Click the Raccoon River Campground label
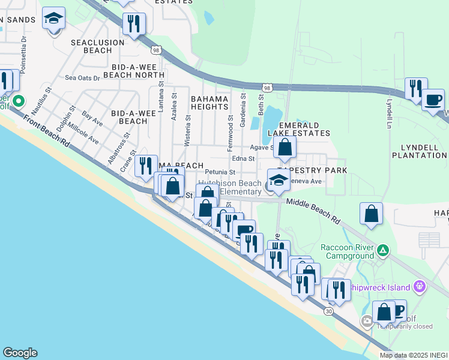(x=347, y=251)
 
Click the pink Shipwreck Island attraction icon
(x=420, y=285)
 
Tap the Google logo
(x=20, y=353)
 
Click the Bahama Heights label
(x=209, y=103)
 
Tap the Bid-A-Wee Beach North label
(x=134, y=71)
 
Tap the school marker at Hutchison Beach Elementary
(x=279, y=179)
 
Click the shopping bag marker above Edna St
(x=285, y=146)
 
